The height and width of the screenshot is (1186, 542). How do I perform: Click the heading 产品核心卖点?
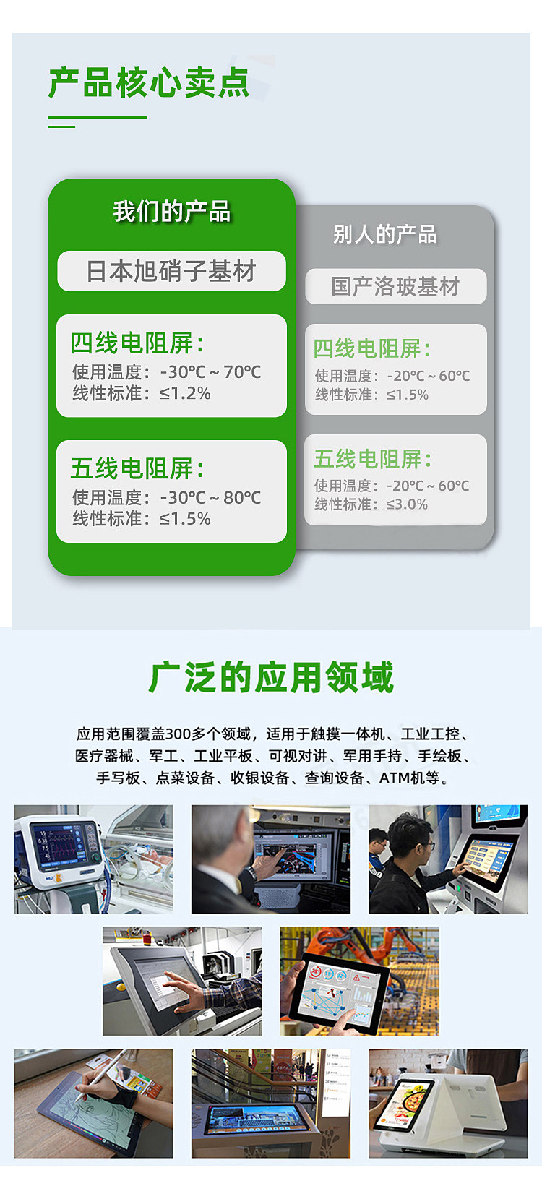pos(149,82)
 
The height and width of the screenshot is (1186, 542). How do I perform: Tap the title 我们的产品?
pos(171,211)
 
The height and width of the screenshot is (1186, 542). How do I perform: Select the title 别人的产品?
pos(384,234)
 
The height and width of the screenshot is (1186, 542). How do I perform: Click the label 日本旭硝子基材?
pos(171,271)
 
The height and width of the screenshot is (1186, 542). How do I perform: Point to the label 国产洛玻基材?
pos(395,286)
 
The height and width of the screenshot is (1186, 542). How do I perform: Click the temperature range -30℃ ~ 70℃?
pos(211,372)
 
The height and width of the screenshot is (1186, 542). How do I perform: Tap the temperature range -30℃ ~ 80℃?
pos(211,498)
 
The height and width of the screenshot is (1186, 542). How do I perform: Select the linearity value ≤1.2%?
pos(185,393)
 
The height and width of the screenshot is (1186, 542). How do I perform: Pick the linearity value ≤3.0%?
pos(406,504)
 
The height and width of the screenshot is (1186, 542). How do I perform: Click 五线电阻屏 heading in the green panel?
pos(137,468)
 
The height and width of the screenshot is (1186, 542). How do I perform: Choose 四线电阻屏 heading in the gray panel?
pos(371,349)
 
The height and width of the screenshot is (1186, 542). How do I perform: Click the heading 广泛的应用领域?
pos(271,677)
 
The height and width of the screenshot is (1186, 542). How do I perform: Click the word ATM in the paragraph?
pos(395,778)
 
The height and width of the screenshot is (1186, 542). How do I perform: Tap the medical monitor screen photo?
pos(94,859)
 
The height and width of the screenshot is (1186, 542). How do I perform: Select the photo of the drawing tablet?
pos(94,1104)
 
